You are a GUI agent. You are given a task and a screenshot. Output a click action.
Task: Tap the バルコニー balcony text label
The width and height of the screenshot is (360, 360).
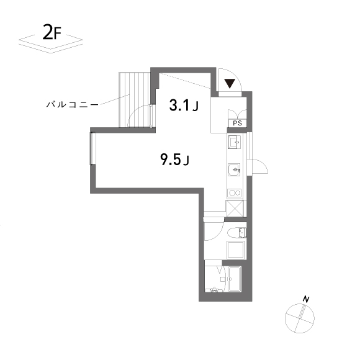[x=72, y=105]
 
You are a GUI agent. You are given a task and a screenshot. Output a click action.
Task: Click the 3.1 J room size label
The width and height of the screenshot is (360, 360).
[x=184, y=106]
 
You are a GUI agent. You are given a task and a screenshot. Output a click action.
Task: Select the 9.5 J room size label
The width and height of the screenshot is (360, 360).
[x=174, y=160]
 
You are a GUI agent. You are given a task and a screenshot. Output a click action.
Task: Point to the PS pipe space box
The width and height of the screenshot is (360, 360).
[x=237, y=123]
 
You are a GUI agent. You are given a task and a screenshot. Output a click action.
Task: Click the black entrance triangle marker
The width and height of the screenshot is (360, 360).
[x=230, y=84]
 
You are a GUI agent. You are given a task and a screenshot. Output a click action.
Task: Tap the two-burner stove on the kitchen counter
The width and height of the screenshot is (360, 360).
[x=234, y=193]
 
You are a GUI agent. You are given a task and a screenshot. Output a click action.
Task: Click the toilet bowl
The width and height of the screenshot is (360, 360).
[x=237, y=233]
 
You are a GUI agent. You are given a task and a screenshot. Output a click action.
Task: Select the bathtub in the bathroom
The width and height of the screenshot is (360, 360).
[x=234, y=279]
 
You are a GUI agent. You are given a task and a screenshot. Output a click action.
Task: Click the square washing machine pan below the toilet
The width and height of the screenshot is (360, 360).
[x=236, y=250]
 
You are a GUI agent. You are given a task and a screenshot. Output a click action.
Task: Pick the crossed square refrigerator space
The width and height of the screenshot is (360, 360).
[x=235, y=208]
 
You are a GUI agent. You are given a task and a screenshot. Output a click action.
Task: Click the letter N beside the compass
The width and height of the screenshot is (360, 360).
[x=306, y=299]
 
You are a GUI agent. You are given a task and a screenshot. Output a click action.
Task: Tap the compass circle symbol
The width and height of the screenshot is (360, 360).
[x=300, y=318]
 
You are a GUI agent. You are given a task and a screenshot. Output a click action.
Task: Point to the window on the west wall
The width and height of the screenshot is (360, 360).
[x=92, y=148]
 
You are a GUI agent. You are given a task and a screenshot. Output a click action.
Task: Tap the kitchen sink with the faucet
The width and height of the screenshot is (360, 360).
[x=234, y=169]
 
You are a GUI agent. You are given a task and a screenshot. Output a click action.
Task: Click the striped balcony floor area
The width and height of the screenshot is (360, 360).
[x=135, y=99]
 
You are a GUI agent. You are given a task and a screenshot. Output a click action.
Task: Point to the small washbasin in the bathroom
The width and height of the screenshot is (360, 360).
[x=215, y=289]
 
